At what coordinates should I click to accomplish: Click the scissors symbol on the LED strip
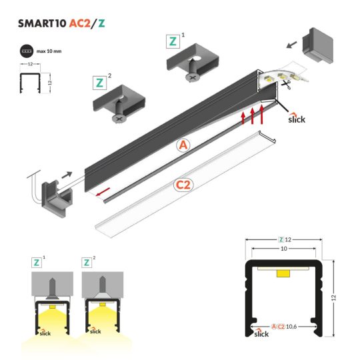click(286, 84)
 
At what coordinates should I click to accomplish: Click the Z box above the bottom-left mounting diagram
click(37, 262)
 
